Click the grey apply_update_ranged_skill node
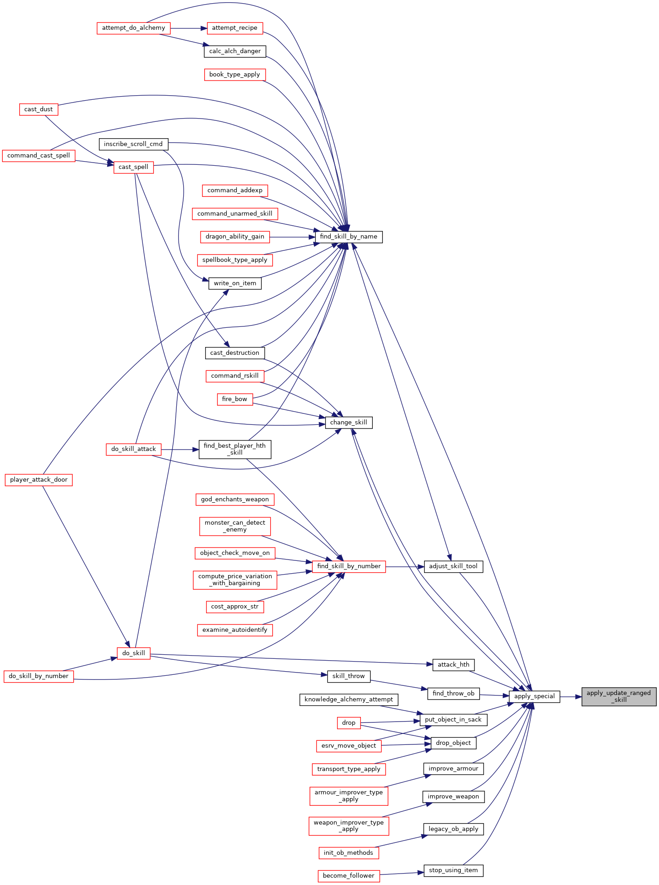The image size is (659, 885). (x=619, y=696)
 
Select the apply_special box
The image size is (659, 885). (x=534, y=696)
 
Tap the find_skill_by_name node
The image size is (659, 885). (x=349, y=237)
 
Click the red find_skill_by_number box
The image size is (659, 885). (x=349, y=566)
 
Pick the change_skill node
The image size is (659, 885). (x=349, y=423)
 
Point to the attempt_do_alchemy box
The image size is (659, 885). (x=134, y=28)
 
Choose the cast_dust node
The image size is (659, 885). (x=38, y=109)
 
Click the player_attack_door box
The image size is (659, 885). (x=39, y=480)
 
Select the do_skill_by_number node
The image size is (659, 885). (x=38, y=676)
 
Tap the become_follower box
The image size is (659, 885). (x=349, y=876)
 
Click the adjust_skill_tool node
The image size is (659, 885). (x=453, y=566)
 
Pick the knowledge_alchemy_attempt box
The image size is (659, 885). (x=349, y=700)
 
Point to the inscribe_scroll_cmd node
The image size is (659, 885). (x=133, y=144)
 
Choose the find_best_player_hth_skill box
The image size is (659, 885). (x=235, y=449)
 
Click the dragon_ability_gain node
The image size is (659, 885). (x=235, y=237)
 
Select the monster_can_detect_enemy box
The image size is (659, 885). (x=235, y=526)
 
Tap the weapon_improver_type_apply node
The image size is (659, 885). (x=349, y=826)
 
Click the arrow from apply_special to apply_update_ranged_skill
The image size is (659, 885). (x=571, y=697)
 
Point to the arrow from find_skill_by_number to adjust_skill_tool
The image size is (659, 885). (x=405, y=566)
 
